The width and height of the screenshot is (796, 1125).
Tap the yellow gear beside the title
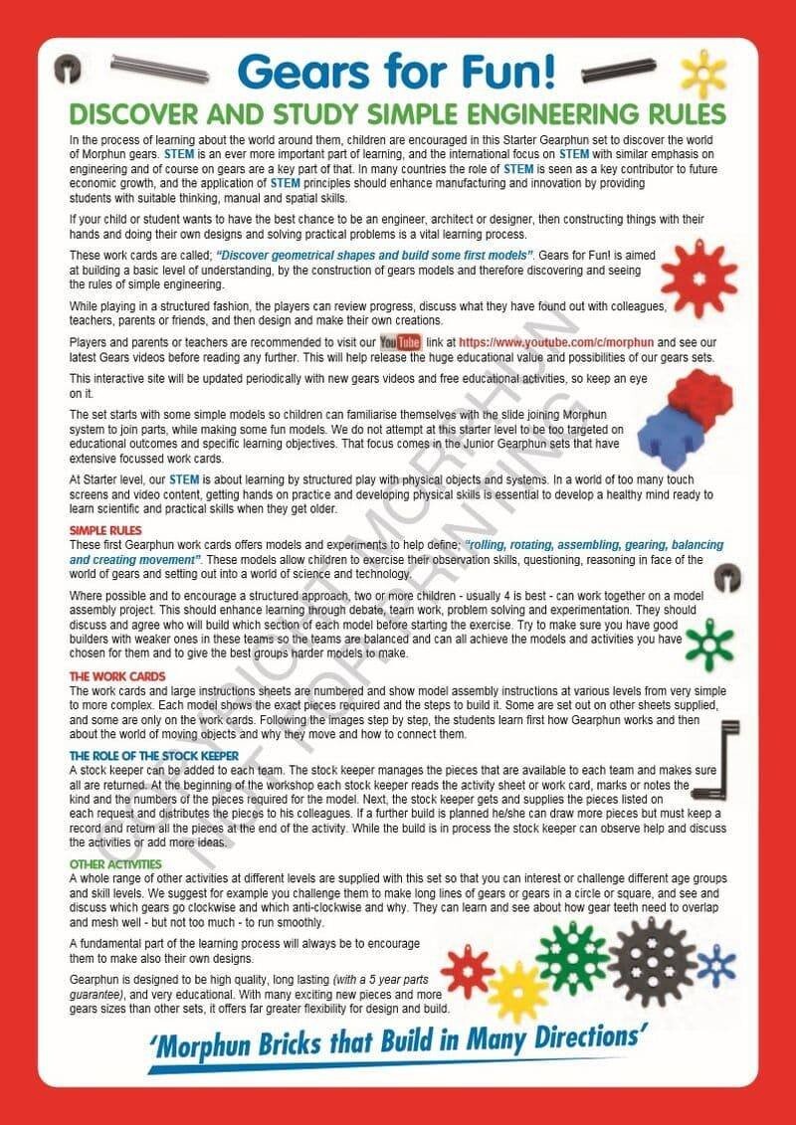[x=703, y=73]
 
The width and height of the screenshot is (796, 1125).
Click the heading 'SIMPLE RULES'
[x=105, y=530]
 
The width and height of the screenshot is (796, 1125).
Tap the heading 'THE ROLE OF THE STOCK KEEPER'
[x=154, y=755]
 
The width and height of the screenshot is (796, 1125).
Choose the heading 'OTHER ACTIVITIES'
[x=115, y=864]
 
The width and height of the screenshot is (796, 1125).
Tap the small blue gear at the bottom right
[x=715, y=964]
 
